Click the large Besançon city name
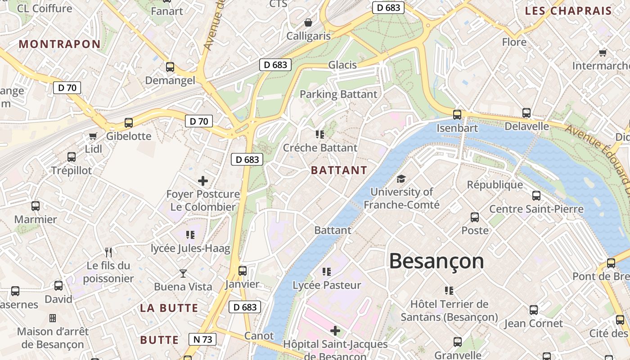pos(436,261)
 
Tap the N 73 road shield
pos(202,339)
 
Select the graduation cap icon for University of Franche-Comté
pos(401,179)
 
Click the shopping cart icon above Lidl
pos(93,136)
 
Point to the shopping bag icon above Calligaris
pos(308,22)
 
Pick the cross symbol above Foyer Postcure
pos(203,181)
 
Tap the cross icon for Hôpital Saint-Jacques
pos(335,331)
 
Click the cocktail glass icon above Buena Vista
pos(183,273)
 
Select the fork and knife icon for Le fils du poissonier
pos(108,252)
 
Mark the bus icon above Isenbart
pos(457,114)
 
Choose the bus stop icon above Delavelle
pos(526,112)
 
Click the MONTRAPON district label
pos(60,44)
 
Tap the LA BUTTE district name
pos(169,308)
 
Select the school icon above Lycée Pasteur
pos(327,271)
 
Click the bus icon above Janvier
pos(243,270)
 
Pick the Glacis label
pos(342,65)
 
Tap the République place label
pos(495,184)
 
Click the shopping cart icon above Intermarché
pos(603,53)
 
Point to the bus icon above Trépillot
pos(72,157)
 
